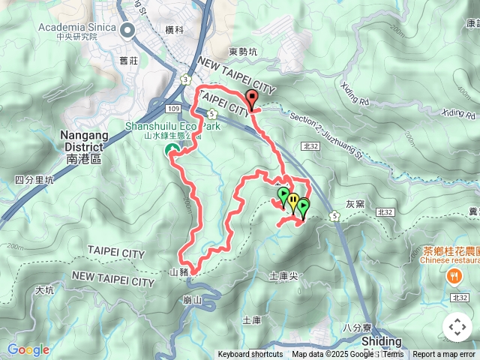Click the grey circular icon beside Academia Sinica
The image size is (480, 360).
click(127, 31)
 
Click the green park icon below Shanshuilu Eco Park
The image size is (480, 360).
click(169, 151)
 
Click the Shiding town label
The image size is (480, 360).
click(381, 341)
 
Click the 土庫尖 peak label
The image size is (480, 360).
click(283, 276)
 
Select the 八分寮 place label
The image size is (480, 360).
click(357, 327)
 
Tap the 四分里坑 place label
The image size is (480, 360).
click(34, 180)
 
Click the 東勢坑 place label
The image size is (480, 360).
click(243, 52)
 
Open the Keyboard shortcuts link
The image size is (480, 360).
click(250, 355)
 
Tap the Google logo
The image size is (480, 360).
click(28, 349)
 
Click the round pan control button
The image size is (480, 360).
click(457, 327)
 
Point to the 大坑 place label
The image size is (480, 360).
click(45, 289)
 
